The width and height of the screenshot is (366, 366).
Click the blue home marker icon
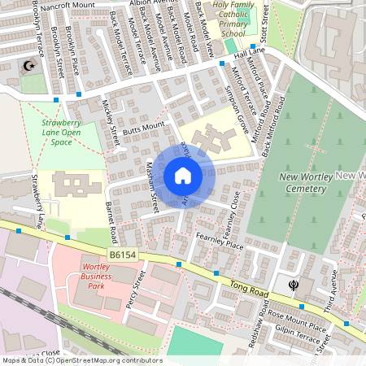[x=182, y=176]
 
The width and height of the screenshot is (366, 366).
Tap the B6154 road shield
[x=123, y=255]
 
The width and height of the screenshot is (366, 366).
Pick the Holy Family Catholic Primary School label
[x=233, y=20]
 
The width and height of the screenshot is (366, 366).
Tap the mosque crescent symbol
[x=31, y=65]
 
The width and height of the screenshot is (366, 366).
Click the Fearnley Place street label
[x=220, y=240]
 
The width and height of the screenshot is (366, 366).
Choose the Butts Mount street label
[x=143, y=127]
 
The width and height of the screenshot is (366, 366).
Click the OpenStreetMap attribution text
[x=81, y=360]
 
